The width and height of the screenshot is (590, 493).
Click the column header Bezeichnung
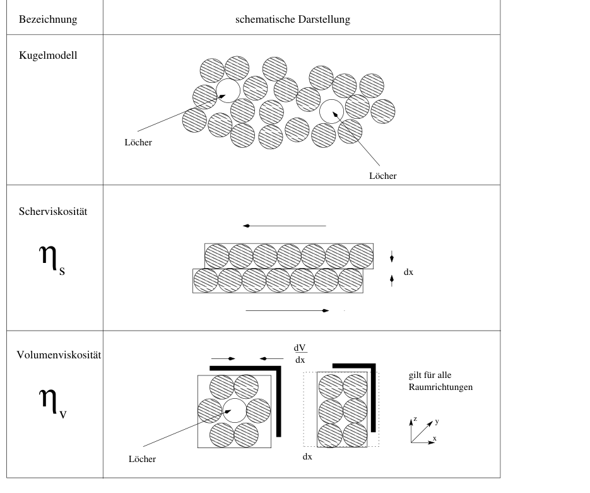[48, 19]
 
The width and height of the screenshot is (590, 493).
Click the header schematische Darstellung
[293, 19]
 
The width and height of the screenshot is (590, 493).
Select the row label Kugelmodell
[48, 56]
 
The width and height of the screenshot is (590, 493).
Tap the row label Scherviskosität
[53, 212]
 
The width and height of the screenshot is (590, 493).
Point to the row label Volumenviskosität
[59, 355]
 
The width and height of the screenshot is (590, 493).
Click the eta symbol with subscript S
[52, 260]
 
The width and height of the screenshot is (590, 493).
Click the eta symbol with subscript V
[52, 403]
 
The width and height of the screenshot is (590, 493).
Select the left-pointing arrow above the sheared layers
[285, 226]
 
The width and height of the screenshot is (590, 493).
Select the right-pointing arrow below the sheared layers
[287, 310]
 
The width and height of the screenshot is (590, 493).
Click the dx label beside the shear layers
[409, 272]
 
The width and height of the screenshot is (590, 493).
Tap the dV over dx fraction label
[300, 353]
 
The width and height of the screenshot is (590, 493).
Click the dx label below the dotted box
[307, 457]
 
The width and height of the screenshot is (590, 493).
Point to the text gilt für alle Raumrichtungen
[440, 381]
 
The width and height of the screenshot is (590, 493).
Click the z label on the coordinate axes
[415, 419]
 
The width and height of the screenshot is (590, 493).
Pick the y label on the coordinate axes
[437, 422]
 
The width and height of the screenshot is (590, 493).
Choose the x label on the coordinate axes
[435, 439]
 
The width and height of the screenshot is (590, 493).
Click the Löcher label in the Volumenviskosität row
[142, 459]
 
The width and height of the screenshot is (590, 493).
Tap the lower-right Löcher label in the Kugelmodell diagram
[383, 176]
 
